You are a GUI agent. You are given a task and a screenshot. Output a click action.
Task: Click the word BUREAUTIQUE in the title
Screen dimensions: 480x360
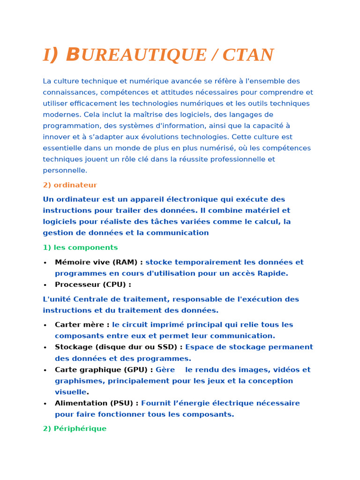tap(136, 55)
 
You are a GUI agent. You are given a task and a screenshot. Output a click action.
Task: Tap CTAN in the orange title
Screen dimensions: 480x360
tap(248, 55)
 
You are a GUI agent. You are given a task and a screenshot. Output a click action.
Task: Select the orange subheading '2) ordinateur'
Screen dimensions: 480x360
tap(70, 185)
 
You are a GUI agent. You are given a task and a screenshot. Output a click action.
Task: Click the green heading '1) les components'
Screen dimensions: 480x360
tap(80, 247)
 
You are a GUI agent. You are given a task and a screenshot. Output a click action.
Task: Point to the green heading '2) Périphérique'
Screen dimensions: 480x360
tap(75, 428)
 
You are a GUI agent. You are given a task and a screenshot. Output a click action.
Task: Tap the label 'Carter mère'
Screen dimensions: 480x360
tap(80, 324)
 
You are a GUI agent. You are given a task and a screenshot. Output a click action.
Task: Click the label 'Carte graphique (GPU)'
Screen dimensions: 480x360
tap(102, 369)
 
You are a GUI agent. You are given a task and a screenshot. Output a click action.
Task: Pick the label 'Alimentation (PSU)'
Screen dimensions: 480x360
tap(95, 403)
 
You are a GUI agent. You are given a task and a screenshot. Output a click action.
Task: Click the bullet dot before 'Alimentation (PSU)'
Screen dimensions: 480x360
tap(45, 404)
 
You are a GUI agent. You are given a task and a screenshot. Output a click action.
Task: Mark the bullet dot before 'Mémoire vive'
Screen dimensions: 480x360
tap(45, 262)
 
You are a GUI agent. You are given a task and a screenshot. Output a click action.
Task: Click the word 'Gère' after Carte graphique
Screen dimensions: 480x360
tap(165, 369)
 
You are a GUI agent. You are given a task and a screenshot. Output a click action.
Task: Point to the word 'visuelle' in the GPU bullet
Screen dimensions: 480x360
tap(70, 392)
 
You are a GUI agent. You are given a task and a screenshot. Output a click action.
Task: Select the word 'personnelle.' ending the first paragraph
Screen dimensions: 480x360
tap(65, 171)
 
